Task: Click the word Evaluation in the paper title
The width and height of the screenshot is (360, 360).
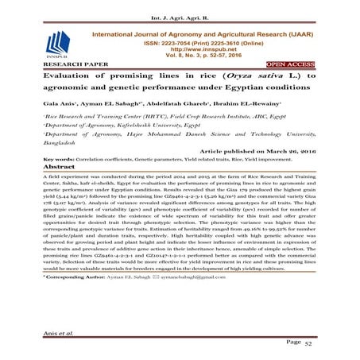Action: click(x=56, y=78)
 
